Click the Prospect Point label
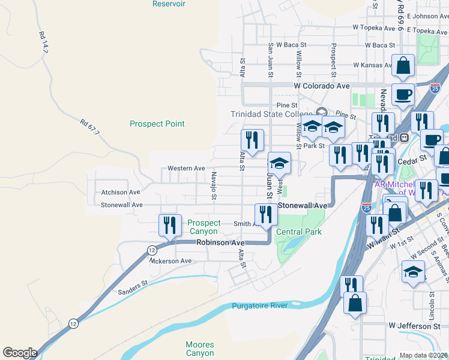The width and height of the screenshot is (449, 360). point(157,124)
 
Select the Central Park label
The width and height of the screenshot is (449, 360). point(299,232)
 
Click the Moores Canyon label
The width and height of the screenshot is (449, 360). point(200,349)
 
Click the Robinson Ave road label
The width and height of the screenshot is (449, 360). point(221,242)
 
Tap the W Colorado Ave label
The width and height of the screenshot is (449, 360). point(322,86)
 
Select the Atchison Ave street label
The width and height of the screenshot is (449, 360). point(120,192)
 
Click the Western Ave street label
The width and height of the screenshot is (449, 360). point(186,169)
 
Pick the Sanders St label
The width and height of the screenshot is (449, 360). point(133,287)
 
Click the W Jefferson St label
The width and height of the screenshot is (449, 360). point(418,326)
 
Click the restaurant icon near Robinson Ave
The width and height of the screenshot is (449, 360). point(170,225)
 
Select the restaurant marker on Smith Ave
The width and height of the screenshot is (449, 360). point(266,214)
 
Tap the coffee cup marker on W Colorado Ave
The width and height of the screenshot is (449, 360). point(403,94)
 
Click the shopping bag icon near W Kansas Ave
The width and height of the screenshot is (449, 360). point(403,65)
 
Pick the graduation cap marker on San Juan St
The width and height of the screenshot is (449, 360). point(279,163)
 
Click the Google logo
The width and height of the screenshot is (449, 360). point(20,353)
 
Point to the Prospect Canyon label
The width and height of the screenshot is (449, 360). point(205,227)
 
